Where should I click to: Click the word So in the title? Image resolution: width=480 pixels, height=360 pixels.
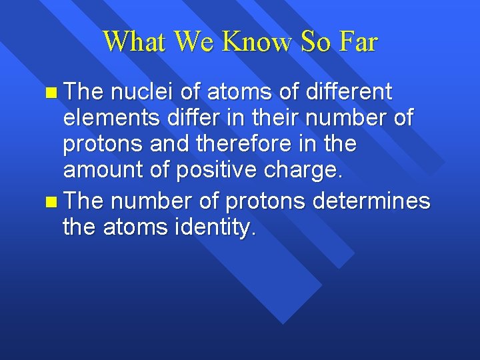click(x=315, y=42)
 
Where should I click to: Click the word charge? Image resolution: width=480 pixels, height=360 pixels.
click(x=307, y=171)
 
